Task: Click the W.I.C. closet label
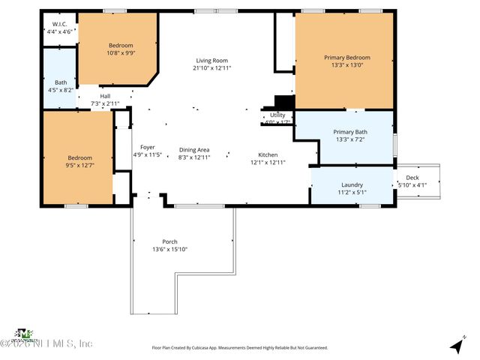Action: click(x=60, y=24)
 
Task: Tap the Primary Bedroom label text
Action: click(x=346, y=58)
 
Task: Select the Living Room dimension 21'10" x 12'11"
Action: click(x=211, y=68)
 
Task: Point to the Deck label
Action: click(x=411, y=176)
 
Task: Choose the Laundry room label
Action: click(x=352, y=184)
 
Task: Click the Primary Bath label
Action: click(x=351, y=132)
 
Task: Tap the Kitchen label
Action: click(x=268, y=154)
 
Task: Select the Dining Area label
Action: click(x=193, y=149)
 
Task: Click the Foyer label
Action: click(x=147, y=147)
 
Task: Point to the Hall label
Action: click(x=106, y=95)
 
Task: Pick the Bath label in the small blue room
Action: click(x=60, y=82)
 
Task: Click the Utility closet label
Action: click(x=277, y=115)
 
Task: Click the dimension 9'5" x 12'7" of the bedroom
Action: click(x=80, y=166)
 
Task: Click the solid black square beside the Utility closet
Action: click(x=284, y=102)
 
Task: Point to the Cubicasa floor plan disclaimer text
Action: click(x=240, y=348)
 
